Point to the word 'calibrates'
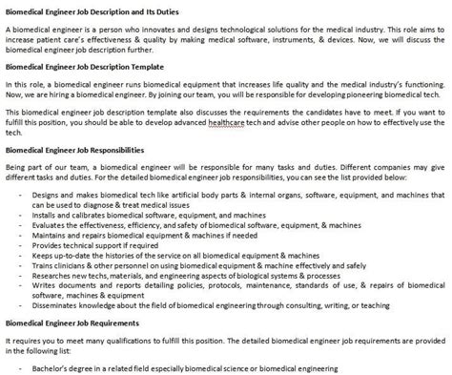(92, 215)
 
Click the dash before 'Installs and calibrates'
(20, 215)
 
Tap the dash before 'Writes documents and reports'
(20, 285)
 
